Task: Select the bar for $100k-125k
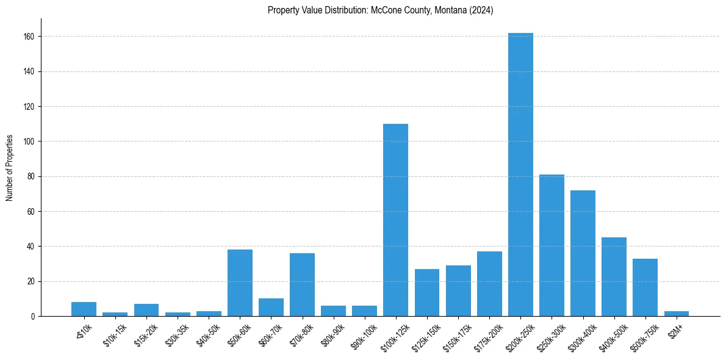click(x=395, y=220)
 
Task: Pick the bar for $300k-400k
click(x=583, y=253)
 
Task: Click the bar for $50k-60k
click(x=240, y=283)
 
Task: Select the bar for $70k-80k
click(x=302, y=285)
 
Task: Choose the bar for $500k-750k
click(x=645, y=287)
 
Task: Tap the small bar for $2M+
click(x=676, y=314)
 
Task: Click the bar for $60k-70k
click(x=271, y=308)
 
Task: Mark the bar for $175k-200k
click(x=489, y=284)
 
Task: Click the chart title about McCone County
click(x=380, y=10)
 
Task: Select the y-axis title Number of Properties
click(x=10, y=168)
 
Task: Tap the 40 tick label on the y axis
click(x=35, y=247)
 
